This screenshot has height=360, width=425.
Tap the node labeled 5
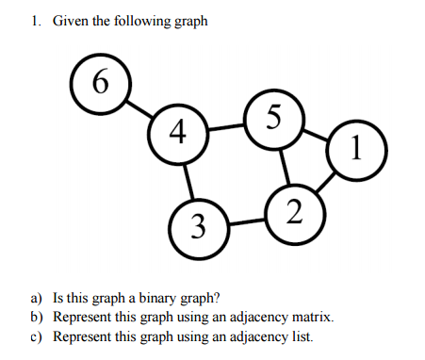click(272, 117)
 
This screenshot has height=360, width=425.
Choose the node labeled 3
click(195, 227)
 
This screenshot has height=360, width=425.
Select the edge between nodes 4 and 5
click(225, 123)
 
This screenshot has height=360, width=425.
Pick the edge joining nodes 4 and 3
click(187, 178)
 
